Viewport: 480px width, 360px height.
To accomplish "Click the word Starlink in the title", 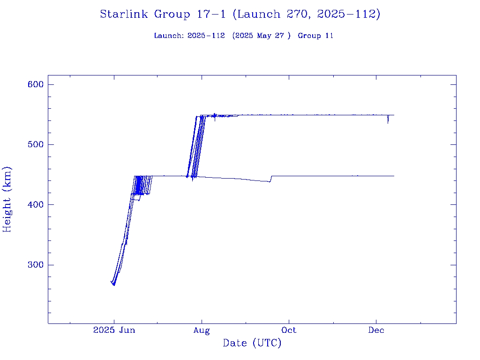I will (125, 15).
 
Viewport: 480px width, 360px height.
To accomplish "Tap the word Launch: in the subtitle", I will (169, 36).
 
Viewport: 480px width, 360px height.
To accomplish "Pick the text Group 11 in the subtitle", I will (315, 36).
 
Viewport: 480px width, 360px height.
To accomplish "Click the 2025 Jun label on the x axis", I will (114, 330).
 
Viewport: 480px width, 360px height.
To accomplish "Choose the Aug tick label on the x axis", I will (202, 330).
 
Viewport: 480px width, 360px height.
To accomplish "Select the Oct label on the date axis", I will (289, 330).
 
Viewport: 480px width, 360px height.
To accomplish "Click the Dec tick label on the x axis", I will (376, 330).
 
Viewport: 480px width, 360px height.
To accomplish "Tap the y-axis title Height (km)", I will (7, 199).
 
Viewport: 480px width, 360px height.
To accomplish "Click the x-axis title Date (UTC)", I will (252, 343).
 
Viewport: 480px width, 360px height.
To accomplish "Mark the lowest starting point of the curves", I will (114, 285).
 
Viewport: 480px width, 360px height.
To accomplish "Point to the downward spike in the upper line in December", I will (388, 122).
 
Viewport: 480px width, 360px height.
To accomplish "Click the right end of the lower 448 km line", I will (394, 176).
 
